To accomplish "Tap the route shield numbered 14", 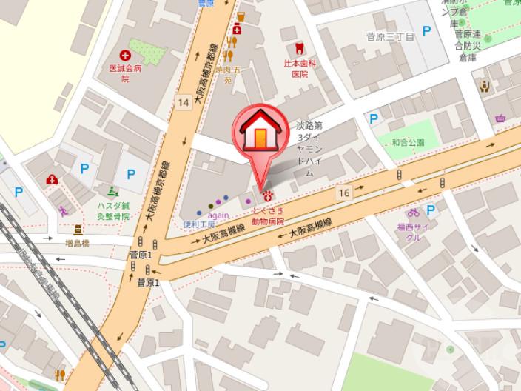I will tap(184, 101).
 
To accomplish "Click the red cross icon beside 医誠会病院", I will tap(125, 55).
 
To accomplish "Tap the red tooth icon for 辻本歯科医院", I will tap(299, 49).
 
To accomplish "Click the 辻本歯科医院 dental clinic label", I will tap(299, 69).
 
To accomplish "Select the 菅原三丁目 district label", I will tap(390, 36).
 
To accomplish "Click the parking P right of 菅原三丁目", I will tap(426, 30).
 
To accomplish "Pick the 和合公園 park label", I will tap(408, 142).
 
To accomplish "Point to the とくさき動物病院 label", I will tap(267, 215).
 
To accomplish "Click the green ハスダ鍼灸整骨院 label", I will tap(113, 211).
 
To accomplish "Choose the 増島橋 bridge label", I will tap(78, 241).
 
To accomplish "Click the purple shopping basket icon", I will tap(501, 117).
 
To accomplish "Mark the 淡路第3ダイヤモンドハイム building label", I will tap(309, 148).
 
